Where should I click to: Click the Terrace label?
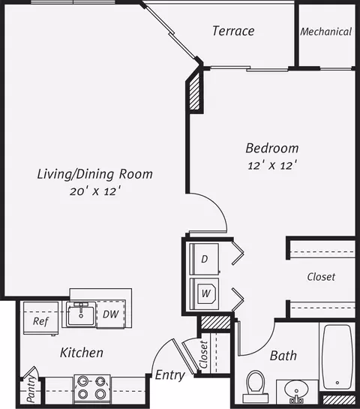coord(233,31)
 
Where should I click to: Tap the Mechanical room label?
coord(326,32)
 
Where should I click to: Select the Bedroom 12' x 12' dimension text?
coord(272,165)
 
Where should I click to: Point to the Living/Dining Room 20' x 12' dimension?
coord(96,191)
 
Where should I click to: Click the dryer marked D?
coord(204,259)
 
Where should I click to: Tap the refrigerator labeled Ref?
coord(40,318)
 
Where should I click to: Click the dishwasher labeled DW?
coord(111,314)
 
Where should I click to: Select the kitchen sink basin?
coord(81,314)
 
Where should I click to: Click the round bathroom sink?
coord(297,390)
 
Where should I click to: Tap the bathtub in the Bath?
coord(337,356)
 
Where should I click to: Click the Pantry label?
coord(31,389)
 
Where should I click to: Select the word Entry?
coord(170,375)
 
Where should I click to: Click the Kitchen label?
coord(82,353)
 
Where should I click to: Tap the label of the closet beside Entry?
coord(203,354)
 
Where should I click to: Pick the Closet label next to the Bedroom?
coord(321,277)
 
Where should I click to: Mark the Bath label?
coord(283,356)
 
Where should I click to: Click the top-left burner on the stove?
coord(83,382)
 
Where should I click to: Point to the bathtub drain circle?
coord(337,383)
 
